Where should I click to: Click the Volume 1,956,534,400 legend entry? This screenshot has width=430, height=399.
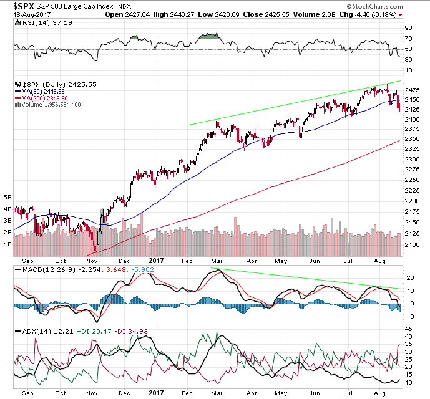pyautogui.click(x=52, y=104)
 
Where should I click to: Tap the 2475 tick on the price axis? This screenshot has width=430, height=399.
pyautogui.click(x=411, y=89)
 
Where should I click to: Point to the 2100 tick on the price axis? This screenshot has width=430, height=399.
pyautogui.click(x=411, y=245)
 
